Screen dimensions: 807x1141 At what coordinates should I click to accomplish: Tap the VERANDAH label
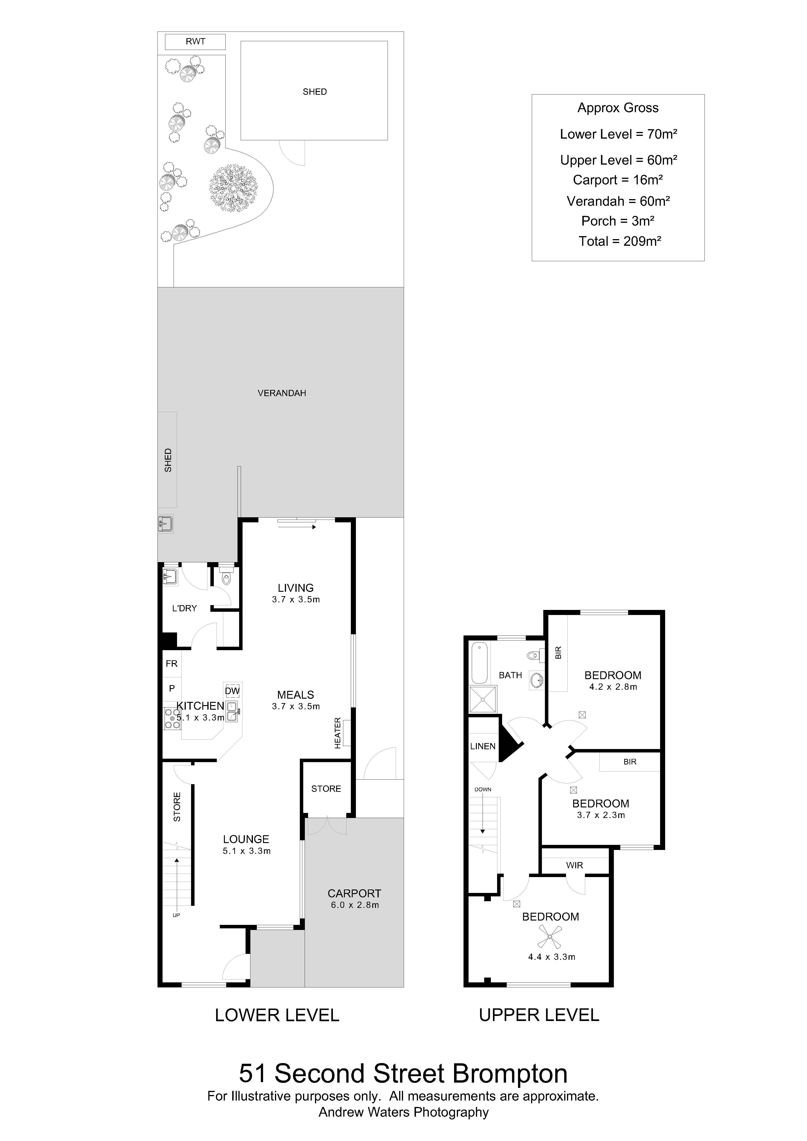click(x=282, y=393)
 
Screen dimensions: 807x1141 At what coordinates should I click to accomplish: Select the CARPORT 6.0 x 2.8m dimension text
click(x=355, y=905)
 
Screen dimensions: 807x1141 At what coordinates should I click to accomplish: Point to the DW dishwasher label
click(x=232, y=691)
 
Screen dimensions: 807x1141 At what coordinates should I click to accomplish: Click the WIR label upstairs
click(x=574, y=865)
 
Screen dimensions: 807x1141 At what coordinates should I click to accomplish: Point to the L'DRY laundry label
click(x=184, y=608)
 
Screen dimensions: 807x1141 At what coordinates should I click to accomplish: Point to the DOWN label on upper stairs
click(x=483, y=789)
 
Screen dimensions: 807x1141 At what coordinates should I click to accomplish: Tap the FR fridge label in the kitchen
click(x=172, y=663)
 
